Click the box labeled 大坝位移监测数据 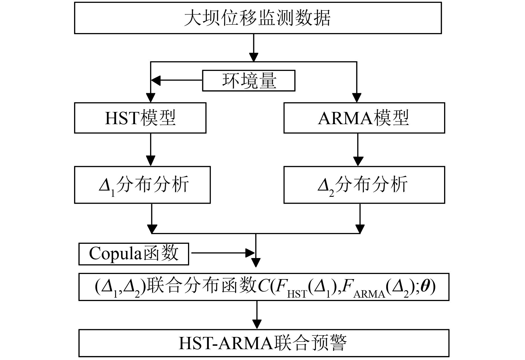258,18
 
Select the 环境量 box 248,81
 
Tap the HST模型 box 140,118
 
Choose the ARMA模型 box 364,118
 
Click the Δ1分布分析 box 142,185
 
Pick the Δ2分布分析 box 364,185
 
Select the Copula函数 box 134,254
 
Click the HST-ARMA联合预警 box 264,343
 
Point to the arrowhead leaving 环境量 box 156,80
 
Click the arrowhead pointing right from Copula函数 250,253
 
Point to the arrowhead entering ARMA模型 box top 357,98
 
